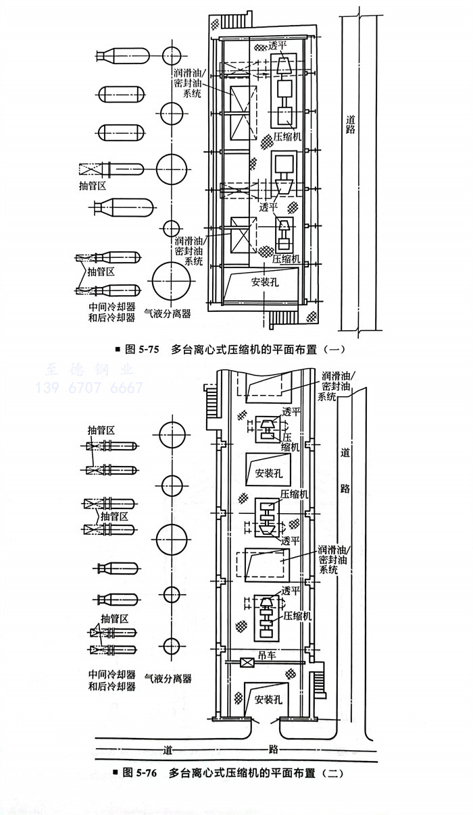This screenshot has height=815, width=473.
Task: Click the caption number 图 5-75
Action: (x=142, y=350)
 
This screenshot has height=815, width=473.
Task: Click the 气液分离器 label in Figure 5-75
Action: (x=168, y=313)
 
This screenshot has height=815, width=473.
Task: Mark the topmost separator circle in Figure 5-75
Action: (x=170, y=53)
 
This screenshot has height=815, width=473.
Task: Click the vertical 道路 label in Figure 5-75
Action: (x=350, y=124)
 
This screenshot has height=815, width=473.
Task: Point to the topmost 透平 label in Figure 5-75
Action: (x=278, y=47)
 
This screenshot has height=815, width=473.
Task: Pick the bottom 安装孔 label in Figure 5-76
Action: (x=268, y=700)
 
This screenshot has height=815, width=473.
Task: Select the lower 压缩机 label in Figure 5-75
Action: (x=286, y=258)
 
